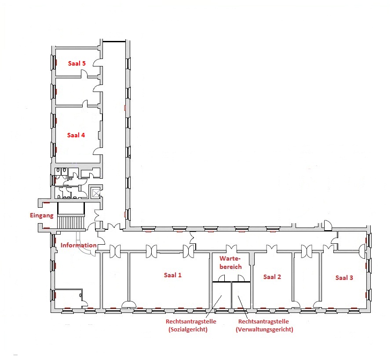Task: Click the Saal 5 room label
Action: click(77, 63)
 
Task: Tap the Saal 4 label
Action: click(76, 135)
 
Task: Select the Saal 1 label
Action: click(172, 275)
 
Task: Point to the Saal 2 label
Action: click(272, 277)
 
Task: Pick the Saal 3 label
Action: click(344, 278)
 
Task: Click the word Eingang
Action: click(42, 216)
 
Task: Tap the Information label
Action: click(79, 245)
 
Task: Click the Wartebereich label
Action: click(230, 263)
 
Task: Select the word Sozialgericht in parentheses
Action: click(188, 330)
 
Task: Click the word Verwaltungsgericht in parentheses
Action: click(265, 330)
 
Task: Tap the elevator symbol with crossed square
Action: click(96, 193)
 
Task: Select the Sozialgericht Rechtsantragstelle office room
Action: click(221, 295)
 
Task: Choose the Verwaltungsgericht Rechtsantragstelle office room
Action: click(241, 295)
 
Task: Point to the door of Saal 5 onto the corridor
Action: click(98, 62)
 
